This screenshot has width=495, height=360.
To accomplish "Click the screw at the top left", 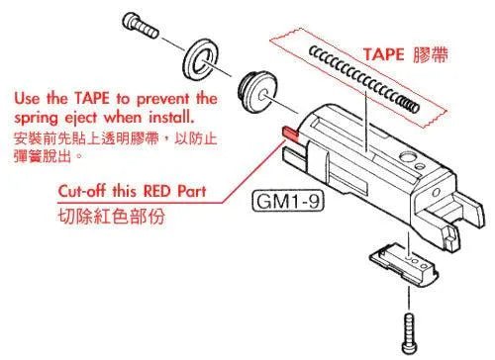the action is coord(139,23).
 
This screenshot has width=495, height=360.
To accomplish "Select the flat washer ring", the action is coord(207,60).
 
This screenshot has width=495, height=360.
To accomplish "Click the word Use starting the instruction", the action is coord(28,99).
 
